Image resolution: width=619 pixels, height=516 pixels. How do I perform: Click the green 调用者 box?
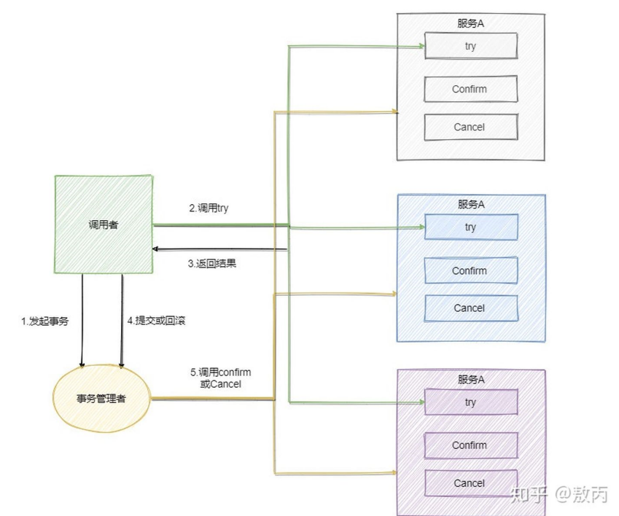(104, 224)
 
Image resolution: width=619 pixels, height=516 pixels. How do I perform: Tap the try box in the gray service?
(470, 46)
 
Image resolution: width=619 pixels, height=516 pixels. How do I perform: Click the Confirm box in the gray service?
(470, 89)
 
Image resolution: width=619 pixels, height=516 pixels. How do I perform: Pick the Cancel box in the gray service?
(470, 127)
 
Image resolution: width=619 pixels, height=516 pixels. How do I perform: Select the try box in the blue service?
(470, 227)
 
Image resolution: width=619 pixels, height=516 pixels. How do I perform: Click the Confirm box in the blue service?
(470, 270)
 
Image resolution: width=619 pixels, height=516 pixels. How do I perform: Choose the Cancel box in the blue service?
(470, 308)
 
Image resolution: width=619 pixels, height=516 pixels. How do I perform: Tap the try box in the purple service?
(470, 402)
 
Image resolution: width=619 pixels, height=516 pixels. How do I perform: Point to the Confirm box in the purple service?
(470, 445)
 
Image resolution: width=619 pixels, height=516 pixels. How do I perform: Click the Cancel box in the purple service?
(470, 482)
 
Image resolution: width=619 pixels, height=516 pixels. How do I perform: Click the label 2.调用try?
(209, 208)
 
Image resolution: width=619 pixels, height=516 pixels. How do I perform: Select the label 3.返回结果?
(212, 264)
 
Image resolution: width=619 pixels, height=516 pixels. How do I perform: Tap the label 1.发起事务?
(44, 321)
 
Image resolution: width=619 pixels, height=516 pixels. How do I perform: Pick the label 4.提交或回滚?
(157, 321)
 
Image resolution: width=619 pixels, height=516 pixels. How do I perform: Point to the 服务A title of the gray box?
(470, 23)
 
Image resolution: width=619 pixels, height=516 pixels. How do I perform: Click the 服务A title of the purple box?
(471, 379)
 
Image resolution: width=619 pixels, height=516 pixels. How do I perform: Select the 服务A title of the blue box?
(471, 204)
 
